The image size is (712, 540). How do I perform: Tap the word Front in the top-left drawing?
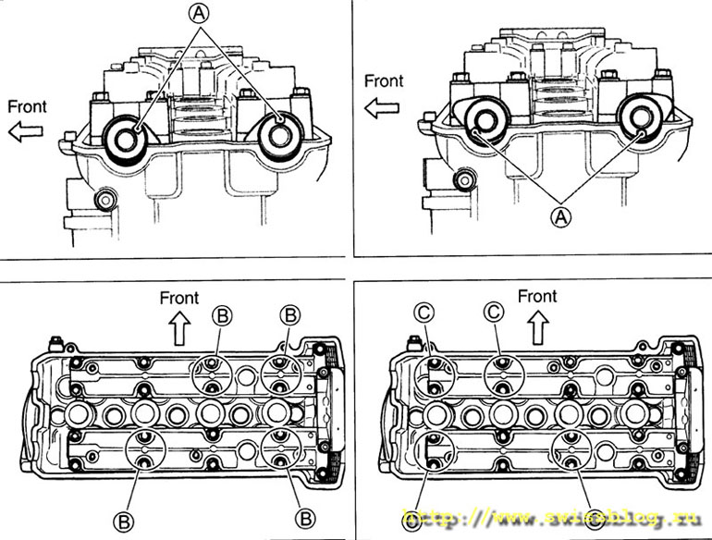tap(28, 105)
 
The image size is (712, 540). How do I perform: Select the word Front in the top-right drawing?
tap(384, 80)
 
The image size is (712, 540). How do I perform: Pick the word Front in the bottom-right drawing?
tap(537, 296)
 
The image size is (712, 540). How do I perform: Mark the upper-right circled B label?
tap(290, 314)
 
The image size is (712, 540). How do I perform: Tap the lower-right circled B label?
tap(304, 516)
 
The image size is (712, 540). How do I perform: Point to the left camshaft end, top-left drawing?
tap(126, 136)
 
